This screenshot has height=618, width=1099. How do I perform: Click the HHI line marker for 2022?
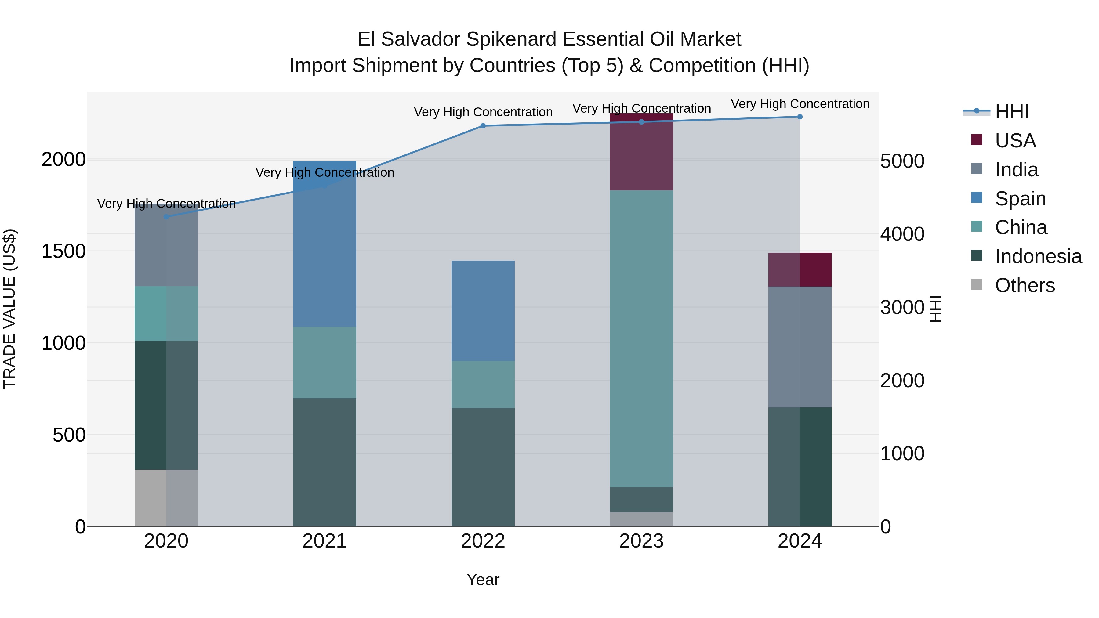pyautogui.click(x=483, y=126)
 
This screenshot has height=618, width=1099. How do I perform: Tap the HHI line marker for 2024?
pyautogui.click(x=800, y=117)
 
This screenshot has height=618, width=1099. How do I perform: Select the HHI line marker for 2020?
pyautogui.click(x=166, y=217)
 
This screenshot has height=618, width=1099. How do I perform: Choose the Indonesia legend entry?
pyautogui.click(x=1038, y=257)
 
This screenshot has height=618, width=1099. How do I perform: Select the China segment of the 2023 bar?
pyautogui.click(x=641, y=339)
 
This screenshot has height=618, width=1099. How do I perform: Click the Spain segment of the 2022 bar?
pyautogui.click(x=483, y=311)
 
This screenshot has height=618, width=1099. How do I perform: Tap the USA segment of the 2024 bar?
pyautogui.click(x=800, y=269)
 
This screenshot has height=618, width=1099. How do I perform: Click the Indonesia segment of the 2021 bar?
pyautogui.click(x=325, y=462)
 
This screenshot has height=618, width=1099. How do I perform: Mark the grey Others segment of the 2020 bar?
pyautogui.click(x=166, y=498)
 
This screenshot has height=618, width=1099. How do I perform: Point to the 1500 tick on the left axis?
pyautogui.click(x=63, y=251)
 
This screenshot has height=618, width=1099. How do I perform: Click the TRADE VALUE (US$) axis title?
pyautogui.click(x=9, y=309)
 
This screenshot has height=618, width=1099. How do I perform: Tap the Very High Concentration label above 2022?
pyautogui.click(x=483, y=112)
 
